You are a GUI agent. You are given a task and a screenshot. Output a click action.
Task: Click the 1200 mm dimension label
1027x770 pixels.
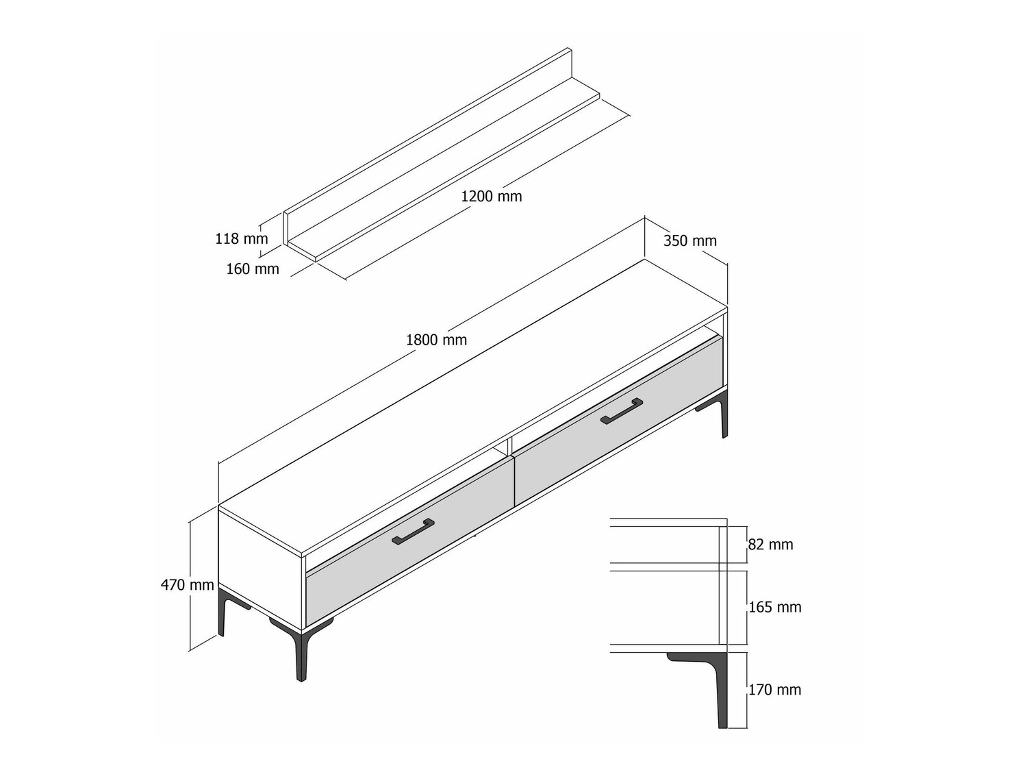click(x=492, y=196)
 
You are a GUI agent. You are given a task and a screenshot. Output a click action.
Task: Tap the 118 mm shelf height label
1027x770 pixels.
click(x=242, y=238)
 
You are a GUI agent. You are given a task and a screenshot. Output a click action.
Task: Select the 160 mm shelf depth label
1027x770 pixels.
click(x=253, y=269)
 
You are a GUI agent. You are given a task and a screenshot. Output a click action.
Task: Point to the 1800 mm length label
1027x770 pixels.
click(x=436, y=340)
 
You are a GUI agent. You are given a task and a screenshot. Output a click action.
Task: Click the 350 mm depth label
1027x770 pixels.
click(x=689, y=240)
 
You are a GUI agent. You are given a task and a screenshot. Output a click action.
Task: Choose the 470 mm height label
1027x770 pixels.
click(x=187, y=584)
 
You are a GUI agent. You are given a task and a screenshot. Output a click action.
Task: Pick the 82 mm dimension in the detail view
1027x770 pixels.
click(x=771, y=545)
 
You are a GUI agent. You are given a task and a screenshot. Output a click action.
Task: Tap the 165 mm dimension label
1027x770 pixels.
click(x=775, y=607)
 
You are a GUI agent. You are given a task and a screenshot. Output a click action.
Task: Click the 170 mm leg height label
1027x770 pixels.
click(x=775, y=689)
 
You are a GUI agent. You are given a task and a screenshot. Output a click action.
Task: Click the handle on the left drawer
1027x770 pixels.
click(x=413, y=532)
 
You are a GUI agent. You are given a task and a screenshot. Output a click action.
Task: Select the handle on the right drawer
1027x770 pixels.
click(x=622, y=411)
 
